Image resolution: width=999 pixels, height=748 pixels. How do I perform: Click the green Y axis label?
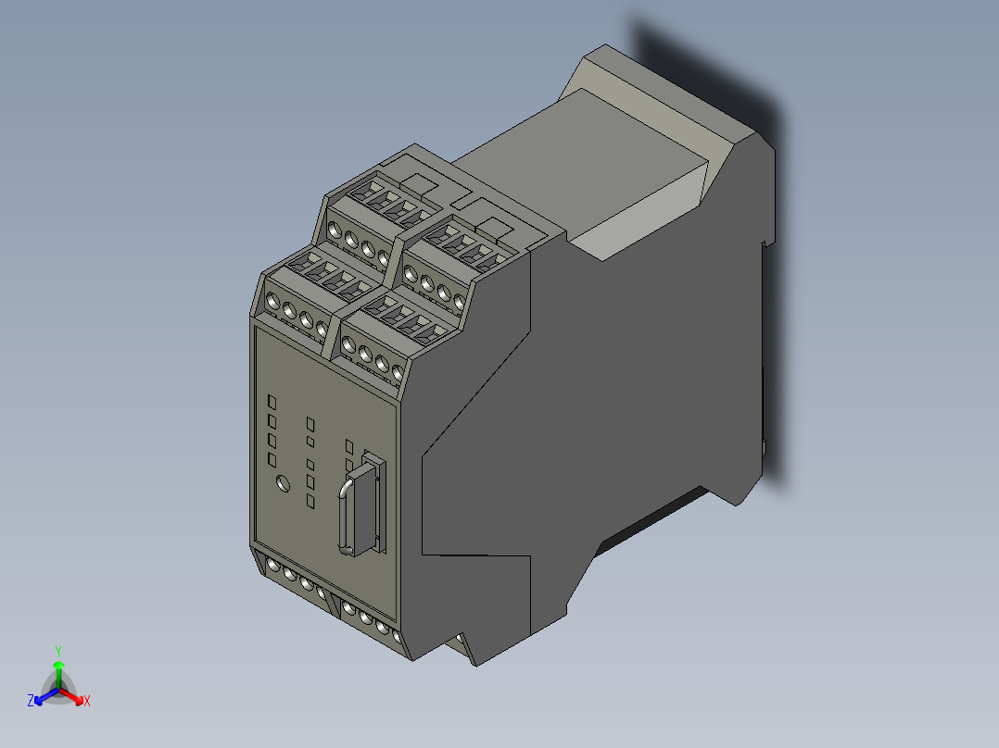[58, 651]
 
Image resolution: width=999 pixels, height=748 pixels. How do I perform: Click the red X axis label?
[87, 702]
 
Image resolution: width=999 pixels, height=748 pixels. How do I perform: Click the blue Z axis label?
[31, 702]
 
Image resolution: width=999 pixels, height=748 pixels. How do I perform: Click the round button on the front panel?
[284, 482]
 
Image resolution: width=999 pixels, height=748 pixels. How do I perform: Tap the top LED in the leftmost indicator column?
[272, 402]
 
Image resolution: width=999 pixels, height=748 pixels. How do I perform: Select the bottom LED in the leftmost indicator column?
[272, 460]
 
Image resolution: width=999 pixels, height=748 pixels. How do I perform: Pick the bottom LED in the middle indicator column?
[310, 501]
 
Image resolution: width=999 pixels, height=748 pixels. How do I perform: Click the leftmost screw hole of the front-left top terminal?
[272, 301]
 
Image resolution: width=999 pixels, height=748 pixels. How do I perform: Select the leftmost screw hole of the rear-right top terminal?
[411, 271]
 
